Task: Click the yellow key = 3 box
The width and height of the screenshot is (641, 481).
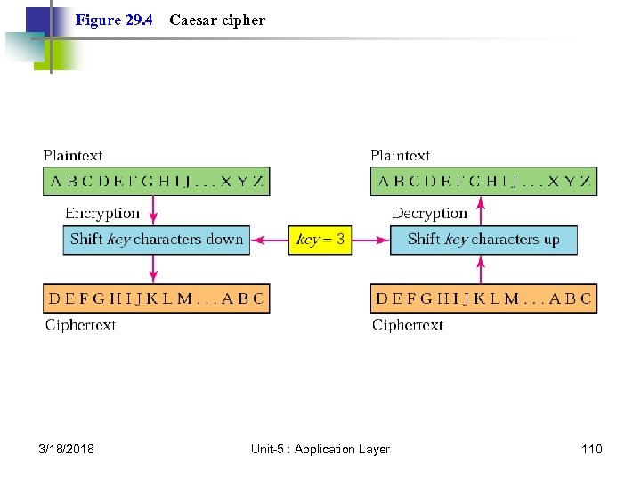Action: (x=320, y=240)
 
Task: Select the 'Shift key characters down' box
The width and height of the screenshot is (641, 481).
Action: (x=157, y=240)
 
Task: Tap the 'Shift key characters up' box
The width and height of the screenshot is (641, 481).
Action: (x=483, y=240)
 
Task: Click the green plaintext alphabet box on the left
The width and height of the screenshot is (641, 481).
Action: (x=157, y=182)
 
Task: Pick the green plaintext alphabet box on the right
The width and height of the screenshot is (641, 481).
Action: (x=483, y=182)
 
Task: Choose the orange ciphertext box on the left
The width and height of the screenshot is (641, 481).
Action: (x=157, y=298)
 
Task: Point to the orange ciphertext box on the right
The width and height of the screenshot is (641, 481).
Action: (x=483, y=298)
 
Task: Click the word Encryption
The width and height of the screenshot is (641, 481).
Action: (x=102, y=214)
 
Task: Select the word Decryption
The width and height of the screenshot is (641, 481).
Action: (x=429, y=214)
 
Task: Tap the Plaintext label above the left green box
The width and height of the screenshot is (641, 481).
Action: (x=73, y=156)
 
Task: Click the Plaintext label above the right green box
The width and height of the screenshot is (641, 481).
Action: (x=401, y=156)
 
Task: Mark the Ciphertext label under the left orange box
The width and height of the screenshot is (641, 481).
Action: (x=80, y=325)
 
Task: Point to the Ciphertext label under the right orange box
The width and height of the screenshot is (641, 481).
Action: (x=408, y=325)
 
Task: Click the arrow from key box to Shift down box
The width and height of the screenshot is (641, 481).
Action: (x=268, y=240)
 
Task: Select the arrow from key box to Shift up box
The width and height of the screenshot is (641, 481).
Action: (x=371, y=240)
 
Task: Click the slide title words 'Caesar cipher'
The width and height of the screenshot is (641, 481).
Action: (x=217, y=20)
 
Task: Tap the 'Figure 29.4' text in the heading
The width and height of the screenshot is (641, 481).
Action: (x=113, y=20)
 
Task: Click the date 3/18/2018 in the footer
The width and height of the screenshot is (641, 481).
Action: (x=67, y=449)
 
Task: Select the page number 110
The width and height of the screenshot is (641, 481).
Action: (x=591, y=449)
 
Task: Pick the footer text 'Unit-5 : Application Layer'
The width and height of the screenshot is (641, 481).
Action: (x=320, y=449)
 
